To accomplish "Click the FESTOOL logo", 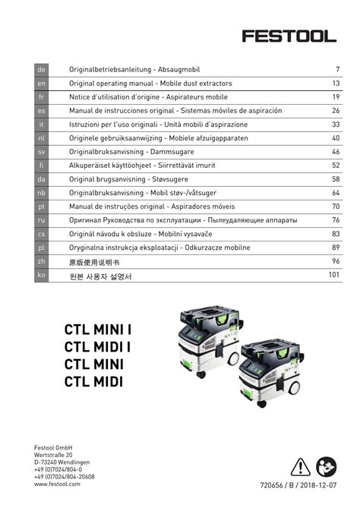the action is (289, 35).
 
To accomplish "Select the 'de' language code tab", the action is (42, 70).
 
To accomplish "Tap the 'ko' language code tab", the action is (42, 276).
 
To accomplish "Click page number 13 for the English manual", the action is (335, 84).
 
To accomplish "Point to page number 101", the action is (333, 275).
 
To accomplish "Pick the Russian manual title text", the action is (183, 220).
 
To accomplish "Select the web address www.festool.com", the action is (57, 484).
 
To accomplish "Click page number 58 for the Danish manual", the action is (335, 179).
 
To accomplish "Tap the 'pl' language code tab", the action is (42, 248).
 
